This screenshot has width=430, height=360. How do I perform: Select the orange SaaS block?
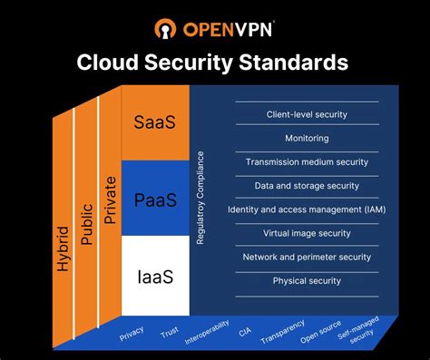coord(155,122)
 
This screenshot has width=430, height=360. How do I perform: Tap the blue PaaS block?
coord(155,199)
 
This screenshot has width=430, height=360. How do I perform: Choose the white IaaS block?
coord(155,275)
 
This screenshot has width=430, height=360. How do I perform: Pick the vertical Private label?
coord(110,199)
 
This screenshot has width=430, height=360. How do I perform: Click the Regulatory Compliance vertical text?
coord(201,200)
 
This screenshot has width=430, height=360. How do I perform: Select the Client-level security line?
coord(307,115)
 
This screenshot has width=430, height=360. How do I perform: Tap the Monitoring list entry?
coord(307,139)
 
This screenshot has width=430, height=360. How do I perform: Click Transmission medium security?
coord(307,162)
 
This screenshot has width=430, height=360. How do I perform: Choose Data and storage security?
coord(307,186)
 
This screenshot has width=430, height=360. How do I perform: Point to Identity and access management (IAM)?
coord(307,209)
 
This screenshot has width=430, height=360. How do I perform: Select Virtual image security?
coord(307,233)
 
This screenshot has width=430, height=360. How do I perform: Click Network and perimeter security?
coord(307,257)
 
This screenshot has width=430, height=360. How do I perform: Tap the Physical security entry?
coord(307,280)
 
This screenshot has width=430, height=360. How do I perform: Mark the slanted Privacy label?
coord(132,334)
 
